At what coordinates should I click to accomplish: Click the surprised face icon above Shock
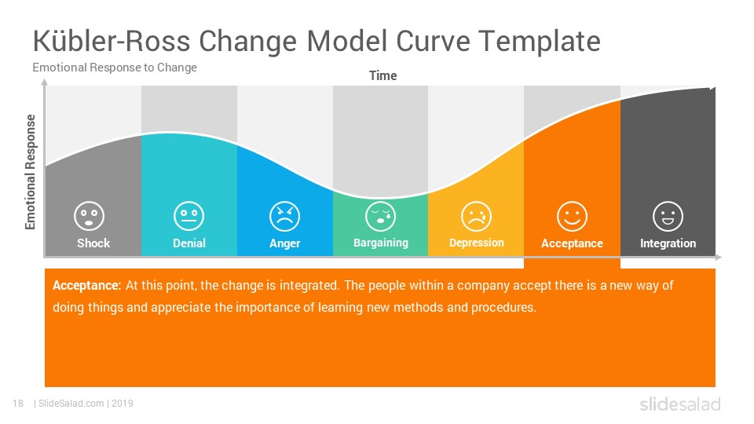[x=89, y=216]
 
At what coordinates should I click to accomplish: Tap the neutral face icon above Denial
[x=189, y=216]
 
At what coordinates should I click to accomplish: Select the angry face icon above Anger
[x=284, y=216]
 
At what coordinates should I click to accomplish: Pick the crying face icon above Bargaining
[x=380, y=216]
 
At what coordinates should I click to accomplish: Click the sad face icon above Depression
[x=476, y=216]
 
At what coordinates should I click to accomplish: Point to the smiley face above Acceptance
[x=572, y=216]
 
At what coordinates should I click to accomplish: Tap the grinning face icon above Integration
[x=668, y=216]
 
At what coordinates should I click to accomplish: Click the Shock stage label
[x=93, y=243]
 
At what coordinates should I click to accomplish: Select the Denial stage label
[x=189, y=243]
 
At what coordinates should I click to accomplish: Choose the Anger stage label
[x=284, y=243]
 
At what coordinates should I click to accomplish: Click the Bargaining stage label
[x=380, y=243]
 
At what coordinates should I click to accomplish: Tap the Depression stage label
[x=477, y=243]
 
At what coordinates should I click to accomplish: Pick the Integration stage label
[x=668, y=243]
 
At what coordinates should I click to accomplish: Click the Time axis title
[x=382, y=76]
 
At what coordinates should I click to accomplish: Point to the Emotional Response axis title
[x=31, y=172]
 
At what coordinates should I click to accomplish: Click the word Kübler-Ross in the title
[x=112, y=41]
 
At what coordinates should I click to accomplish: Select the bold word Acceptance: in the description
[x=86, y=286]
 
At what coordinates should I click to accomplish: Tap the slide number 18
[x=18, y=404]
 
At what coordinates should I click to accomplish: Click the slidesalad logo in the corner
[x=680, y=404]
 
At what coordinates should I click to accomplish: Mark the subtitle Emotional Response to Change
[x=115, y=68]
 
